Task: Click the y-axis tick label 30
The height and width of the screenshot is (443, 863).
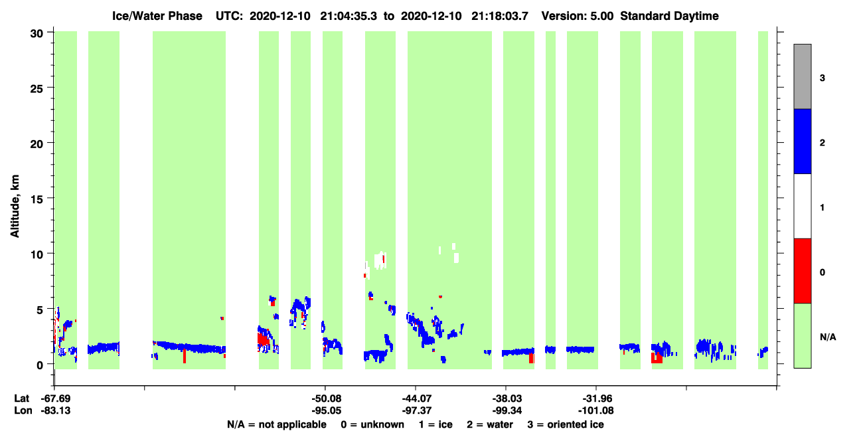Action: tap(37, 34)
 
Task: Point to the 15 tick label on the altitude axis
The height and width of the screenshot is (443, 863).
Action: tap(37, 199)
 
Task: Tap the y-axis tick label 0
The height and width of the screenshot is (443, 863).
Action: tap(40, 365)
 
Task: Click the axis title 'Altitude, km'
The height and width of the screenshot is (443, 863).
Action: tap(15, 206)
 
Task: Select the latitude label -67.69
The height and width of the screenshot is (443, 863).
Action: tap(56, 399)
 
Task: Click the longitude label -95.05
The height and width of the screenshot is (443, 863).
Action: tap(327, 410)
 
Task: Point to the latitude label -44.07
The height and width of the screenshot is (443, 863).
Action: tap(416, 399)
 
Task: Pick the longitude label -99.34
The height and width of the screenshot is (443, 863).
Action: tap(507, 410)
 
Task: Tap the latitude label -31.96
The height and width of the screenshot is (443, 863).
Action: tap(597, 399)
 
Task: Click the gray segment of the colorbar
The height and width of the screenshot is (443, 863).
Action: tap(802, 76)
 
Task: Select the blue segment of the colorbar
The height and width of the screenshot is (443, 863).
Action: tap(802, 141)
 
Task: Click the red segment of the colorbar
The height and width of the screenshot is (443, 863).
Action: tap(802, 271)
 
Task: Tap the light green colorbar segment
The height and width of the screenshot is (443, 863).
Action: tap(802, 335)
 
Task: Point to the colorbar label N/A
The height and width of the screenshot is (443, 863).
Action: tap(828, 337)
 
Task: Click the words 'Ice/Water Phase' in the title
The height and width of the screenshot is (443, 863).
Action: tap(157, 16)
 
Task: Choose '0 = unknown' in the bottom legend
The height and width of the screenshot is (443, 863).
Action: tap(372, 424)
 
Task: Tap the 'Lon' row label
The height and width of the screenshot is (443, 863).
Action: tap(23, 410)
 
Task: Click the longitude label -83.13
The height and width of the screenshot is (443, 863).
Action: tap(56, 410)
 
